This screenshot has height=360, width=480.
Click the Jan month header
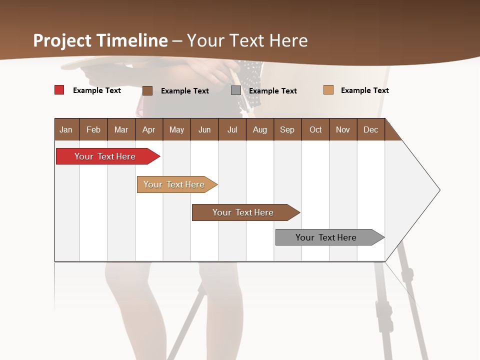tap(66, 129)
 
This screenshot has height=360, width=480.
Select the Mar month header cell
tap(121, 129)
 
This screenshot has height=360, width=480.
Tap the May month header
tap(176, 129)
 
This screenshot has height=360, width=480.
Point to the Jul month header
tap(232, 129)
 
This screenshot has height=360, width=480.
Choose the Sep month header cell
tap(287, 129)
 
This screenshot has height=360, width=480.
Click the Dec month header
tap(370, 129)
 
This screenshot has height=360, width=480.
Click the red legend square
tap(59, 90)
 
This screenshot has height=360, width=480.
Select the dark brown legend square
tap(147, 90)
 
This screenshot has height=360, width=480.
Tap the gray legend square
tap(235, 90)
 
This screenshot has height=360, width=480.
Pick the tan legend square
tap(328, 90)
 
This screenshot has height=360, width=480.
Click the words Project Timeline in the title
tap(100, 40)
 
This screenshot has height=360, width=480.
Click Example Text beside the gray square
tap(272, 91)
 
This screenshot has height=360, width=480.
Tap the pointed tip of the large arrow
tap(439, 190)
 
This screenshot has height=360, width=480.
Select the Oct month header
tap(315, 129)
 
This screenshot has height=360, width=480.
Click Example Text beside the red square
tap(96, 90)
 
